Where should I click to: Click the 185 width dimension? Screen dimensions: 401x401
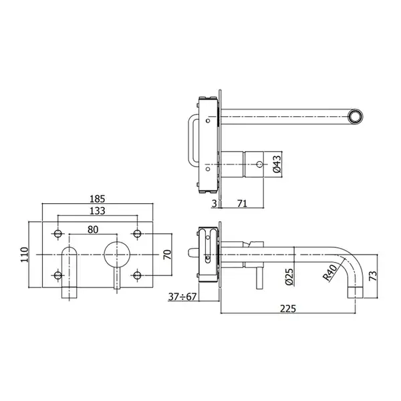[98, 198]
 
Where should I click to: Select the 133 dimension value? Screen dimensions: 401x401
[98, 211]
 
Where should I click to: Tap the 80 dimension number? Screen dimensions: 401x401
[93, 230]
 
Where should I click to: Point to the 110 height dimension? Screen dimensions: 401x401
[25, 255]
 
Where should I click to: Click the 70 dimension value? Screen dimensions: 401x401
[167, 255]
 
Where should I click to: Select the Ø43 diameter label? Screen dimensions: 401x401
[277, 164]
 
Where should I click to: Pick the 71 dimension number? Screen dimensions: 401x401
[242, 204]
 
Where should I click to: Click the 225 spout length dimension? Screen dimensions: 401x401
[288, 309]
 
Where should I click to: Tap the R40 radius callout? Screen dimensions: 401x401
[330, 273]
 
